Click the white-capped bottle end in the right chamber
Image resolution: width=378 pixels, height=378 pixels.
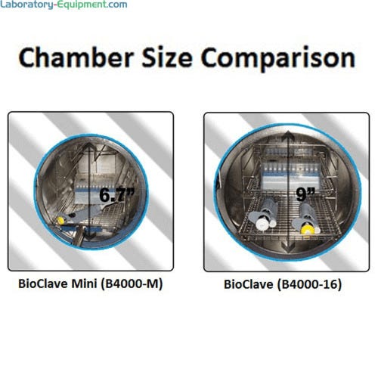point(260,224)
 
